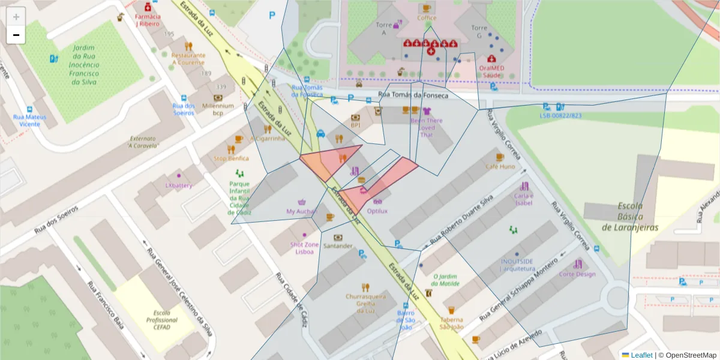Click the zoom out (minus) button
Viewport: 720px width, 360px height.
coord(16,35)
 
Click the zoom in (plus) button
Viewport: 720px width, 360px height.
coord(16,17)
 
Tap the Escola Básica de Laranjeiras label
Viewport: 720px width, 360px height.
coord(630,217)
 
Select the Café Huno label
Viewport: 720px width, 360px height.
coord(500,166)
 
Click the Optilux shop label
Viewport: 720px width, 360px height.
coord(377,211)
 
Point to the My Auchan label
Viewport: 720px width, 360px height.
coord(301,211)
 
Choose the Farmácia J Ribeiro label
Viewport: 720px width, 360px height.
coord(147,20)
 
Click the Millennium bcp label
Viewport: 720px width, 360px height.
coord(218,109)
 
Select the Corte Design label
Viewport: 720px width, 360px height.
coord(577,274)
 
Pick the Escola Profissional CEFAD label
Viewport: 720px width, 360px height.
coord(162,320)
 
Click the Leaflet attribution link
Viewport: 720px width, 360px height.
coord(641,355)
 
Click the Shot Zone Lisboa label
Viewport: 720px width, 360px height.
coord(304,248)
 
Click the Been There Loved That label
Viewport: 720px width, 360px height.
coord(427,127)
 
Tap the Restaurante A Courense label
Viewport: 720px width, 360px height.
coord(188,58)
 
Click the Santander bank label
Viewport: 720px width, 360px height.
coord(338,245)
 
